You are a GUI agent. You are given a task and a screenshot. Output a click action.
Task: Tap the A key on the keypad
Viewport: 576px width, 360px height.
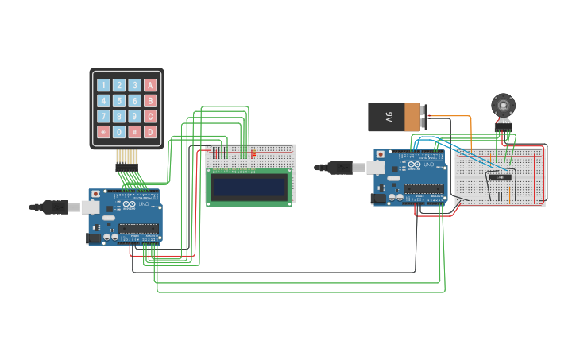(150, 85)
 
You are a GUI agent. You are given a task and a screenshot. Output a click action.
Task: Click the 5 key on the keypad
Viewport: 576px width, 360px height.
(119, 101)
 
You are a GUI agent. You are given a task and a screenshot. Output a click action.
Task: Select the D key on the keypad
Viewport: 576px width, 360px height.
(150, 132)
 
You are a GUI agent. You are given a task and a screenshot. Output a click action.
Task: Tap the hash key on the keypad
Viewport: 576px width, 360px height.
(135, 132)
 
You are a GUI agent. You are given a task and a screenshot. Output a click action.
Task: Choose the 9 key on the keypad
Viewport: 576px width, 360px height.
(135, 116)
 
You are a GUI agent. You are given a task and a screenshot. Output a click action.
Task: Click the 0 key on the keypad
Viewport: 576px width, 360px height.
(119, 132)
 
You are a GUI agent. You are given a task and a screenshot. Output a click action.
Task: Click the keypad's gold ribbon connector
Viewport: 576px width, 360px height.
(126, 159)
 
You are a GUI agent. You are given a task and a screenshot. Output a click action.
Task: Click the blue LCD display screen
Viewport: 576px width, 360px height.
(247, 188)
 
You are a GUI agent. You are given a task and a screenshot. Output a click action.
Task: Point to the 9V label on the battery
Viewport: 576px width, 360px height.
(389, 117)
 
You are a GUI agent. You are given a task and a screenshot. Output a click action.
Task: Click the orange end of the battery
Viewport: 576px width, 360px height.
(414, 117)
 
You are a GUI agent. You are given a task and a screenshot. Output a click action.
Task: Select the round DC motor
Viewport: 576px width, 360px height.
(503, 105)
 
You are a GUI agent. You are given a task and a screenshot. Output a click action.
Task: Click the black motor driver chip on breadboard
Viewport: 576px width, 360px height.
(498, 176)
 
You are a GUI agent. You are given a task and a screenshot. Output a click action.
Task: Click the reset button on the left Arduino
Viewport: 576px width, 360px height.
(96, 194)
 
